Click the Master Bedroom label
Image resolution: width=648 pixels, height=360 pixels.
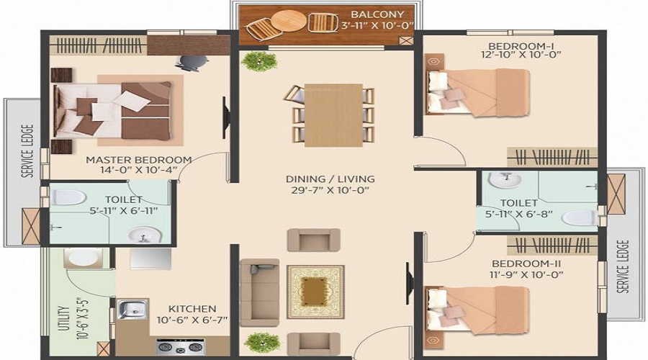click(138, 160)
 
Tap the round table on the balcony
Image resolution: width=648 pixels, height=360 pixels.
click(289, 21)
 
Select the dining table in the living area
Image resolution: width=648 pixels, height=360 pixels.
click(333, 115)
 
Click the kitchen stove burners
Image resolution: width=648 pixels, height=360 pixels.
click(181, 346)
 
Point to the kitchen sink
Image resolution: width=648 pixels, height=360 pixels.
click(132, 309)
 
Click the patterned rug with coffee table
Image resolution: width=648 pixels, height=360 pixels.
click(315, 292)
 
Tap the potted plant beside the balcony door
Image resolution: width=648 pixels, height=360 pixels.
click(259, 62)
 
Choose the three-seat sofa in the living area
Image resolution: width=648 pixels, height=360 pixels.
click(259, 292)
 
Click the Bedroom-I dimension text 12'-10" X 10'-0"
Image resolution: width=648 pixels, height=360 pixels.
click(521, 55)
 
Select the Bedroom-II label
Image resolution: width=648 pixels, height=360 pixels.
click(526, 264)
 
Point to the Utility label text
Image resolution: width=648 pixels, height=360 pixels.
click(63, 319)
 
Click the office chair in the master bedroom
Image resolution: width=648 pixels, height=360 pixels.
click(192, 63)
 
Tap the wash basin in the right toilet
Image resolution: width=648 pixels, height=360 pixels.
click(505, 180)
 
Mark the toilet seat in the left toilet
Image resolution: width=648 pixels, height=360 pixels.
click(68, 197)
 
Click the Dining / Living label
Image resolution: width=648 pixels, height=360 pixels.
click(330, 179)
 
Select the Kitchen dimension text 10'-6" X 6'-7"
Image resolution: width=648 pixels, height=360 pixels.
click(192, 320)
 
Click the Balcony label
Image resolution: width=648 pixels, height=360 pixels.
click(377, 14)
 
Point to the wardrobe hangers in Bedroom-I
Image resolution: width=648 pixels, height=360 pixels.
click(552, 157)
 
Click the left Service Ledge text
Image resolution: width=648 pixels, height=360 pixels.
click(27, 151)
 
